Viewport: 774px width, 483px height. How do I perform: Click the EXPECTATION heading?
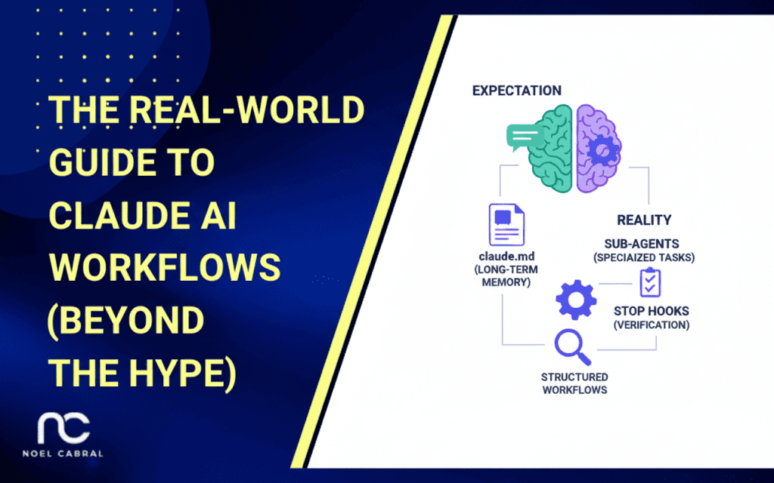point(516,91)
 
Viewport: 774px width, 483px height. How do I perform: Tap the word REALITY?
point(643,220)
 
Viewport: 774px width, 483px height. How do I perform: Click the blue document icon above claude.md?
point(506,225)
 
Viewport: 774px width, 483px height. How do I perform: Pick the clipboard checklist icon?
point(649,282)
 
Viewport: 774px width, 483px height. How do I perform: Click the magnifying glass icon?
point(572,347)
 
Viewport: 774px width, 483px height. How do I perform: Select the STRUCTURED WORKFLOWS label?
point(574,383)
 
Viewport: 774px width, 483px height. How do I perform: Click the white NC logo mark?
point(64,428)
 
